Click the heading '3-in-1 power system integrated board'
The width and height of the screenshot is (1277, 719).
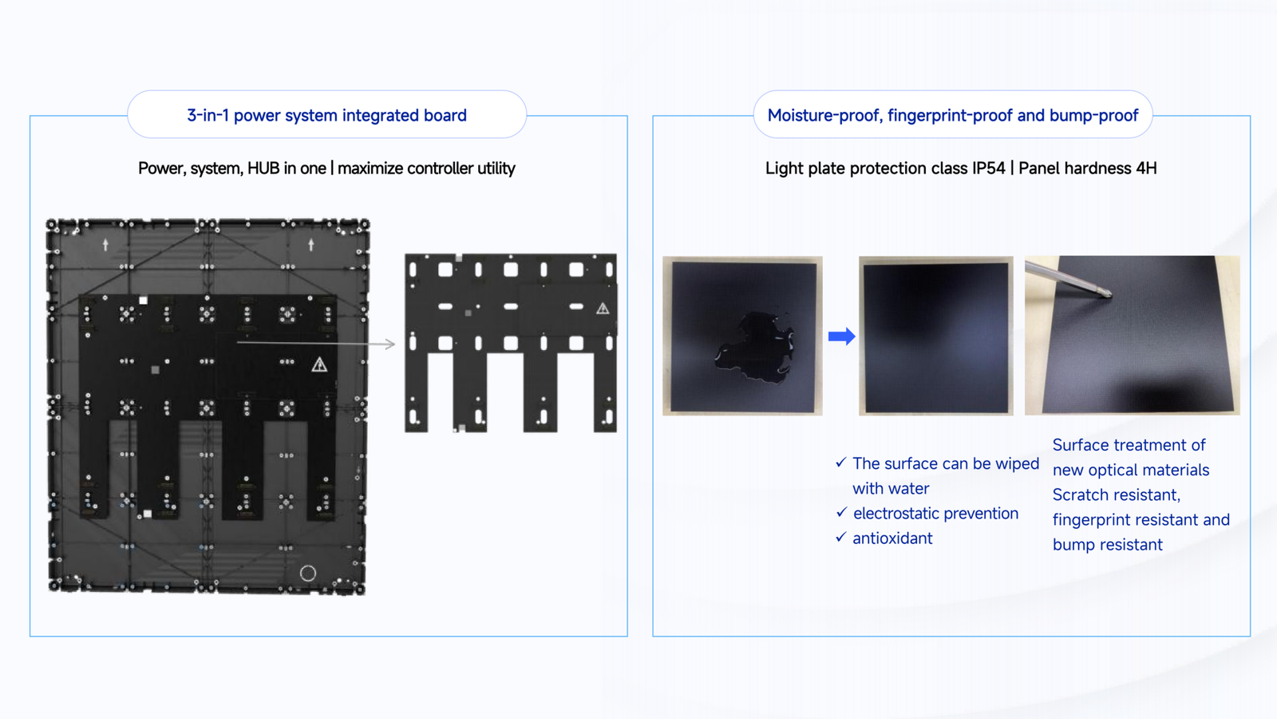pos(326,116)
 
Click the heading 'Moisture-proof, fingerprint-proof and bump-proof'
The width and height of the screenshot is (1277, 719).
pos(952,116)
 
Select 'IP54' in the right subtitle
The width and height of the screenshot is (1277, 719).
pos(989,169)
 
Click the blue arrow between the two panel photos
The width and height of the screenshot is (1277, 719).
pos(841,336)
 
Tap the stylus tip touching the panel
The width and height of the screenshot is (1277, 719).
pos(1106,294)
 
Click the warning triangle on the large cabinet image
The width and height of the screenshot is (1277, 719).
pos(319,365)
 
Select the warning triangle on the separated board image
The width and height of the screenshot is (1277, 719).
pos(603,308)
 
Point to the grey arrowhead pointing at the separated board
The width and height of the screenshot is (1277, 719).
pos(389,344)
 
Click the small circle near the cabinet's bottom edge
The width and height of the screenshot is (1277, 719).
pos(308,573)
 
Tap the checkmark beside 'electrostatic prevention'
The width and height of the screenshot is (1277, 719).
pos(841,513)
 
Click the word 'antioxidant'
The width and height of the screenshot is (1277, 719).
pos(892,538)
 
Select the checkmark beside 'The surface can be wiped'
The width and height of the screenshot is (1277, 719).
pos(841,463)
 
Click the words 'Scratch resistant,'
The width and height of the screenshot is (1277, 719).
pos(1116,495)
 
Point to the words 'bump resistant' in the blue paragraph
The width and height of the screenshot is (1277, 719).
pos(1107,545)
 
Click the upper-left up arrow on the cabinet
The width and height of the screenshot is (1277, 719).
pos(105,245)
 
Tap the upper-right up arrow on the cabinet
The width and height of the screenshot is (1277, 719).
pos(311,245)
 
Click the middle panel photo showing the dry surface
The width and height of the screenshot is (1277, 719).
pos(935,336)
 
